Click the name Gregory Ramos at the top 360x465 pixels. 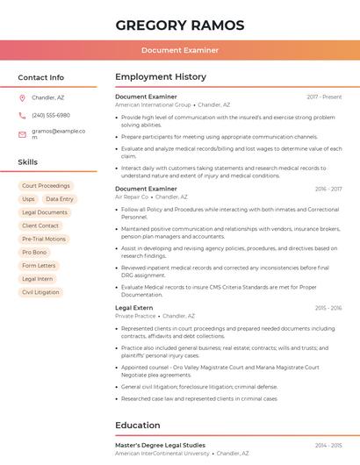pyautogui.click(x=180, y=25)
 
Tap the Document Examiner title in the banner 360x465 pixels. pyautogui.click(x=180, y=50)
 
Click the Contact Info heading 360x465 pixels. pyautogui.click(x=41, y=77)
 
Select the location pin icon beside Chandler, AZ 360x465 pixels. pyautogui.click(x=22, y=97)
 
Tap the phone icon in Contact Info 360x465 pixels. pyautogui.click(x=22, y=115)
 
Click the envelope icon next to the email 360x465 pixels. pyautogui.click(x=22, y=134)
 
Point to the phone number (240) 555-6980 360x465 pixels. pyautogui.click(x=51, y=115)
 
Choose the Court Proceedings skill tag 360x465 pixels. pyautogui.click(x=46, y=186)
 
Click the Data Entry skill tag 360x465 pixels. pyautogui.click(x=60, y=199)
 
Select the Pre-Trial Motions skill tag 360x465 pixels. pyautogui.click(x=44, y=239)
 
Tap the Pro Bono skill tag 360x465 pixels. pyautogui.click(x=34, y=252)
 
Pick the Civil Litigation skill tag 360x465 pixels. pyautogui.click(x=40, y=291)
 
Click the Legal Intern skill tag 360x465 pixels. pyautogui.click(x=37, y=278)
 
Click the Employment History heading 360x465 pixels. pyautogui.click(x=161, y=77)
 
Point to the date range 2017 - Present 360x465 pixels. pyautogui.click(x=324, y=97)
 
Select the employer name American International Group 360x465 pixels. pyautogui.click(x=153, y=104)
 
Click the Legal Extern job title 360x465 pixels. pyautogui.click(x=134, y=308)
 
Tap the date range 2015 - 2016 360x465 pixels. pyautogui.click(x=328, y=308)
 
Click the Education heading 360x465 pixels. pyautogui.click(x=138, y=426)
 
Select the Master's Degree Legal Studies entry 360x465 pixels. pyautogui.click(x=160, y=446)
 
